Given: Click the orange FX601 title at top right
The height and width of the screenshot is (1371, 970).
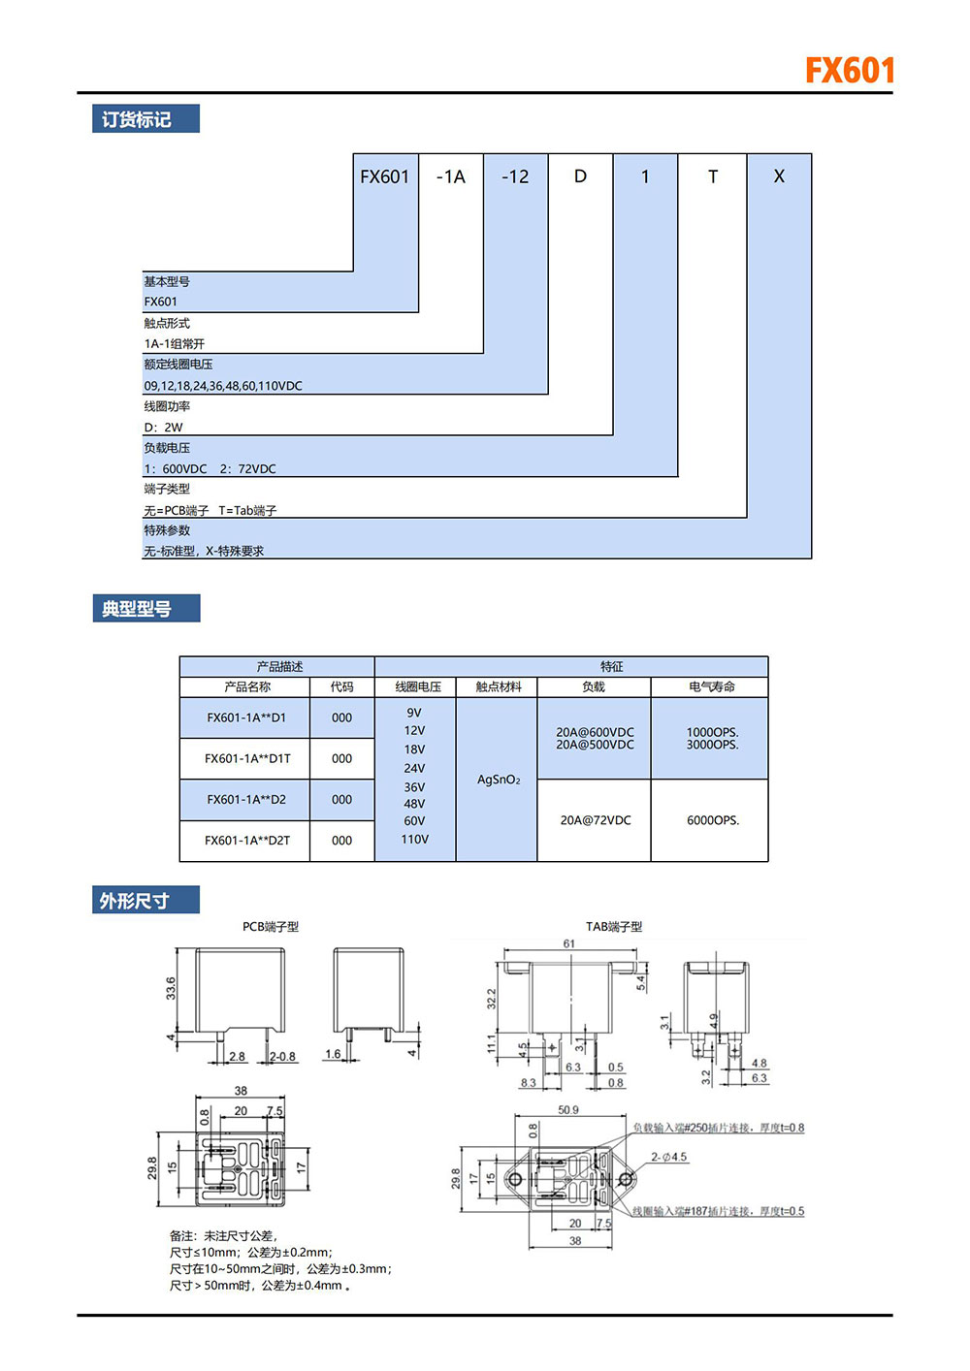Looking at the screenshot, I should coord(849,71).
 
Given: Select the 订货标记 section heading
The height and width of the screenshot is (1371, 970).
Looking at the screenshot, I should coord(137,119).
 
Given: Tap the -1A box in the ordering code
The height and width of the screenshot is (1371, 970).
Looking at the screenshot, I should coord(451,176).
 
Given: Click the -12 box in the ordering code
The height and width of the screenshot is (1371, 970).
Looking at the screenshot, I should coord(515,176).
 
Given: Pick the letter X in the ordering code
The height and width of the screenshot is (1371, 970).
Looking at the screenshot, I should coord(779,176).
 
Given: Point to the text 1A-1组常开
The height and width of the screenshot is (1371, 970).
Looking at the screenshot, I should coord(175,344).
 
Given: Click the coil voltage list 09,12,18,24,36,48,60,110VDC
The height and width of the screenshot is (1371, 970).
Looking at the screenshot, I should coord(223,386).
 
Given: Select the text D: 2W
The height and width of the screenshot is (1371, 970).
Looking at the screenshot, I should coord(163,428).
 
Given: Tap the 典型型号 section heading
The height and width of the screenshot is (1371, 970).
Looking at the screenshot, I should coord(137,609).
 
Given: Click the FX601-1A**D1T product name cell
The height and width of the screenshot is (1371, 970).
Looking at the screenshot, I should coord(246,759).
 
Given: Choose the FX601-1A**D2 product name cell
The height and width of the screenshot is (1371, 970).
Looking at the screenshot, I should coord(246,800).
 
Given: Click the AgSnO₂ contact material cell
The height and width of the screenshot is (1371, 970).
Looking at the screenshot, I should coord(499,780).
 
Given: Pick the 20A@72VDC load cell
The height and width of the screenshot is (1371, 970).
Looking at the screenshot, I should coord(596,820).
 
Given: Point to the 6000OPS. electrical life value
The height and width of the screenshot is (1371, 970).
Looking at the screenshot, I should coord(713,820).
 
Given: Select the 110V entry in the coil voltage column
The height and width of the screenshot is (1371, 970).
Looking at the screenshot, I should coord(414,840).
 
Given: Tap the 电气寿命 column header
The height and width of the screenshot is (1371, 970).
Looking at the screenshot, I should coord(712,686).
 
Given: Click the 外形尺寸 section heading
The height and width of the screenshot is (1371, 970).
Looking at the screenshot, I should coord(135,901).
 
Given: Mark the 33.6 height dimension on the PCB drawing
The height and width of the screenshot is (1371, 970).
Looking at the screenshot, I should coord(171,988).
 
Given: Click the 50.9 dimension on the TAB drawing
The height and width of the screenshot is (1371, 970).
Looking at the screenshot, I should coord(568,1110).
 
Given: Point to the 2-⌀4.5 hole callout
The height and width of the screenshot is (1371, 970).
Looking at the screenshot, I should coord(668,1157).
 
